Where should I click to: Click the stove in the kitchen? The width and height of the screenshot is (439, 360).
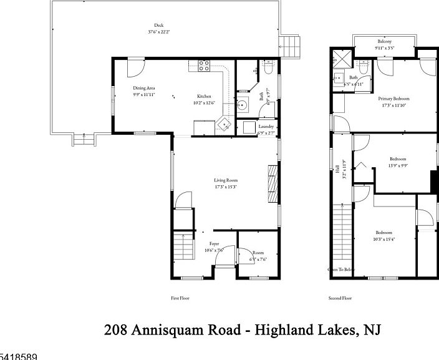tap(203, 64)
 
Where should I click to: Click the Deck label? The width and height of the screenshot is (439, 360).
tap(158, 26)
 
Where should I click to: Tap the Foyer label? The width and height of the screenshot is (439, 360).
tap(214, 244)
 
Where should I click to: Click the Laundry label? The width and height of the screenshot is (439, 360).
tap(266, 127)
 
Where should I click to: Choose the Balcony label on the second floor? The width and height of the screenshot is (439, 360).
tap(384, 41)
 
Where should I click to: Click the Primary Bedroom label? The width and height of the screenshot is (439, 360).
tap(393, 98)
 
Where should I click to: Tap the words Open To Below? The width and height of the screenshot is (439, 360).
tap(341, 270)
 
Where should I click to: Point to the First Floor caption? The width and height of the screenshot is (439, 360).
tap(180, 298)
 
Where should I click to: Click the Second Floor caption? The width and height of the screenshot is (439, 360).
tap(340, 298)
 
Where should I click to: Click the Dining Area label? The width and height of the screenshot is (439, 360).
tap(143, 88)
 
